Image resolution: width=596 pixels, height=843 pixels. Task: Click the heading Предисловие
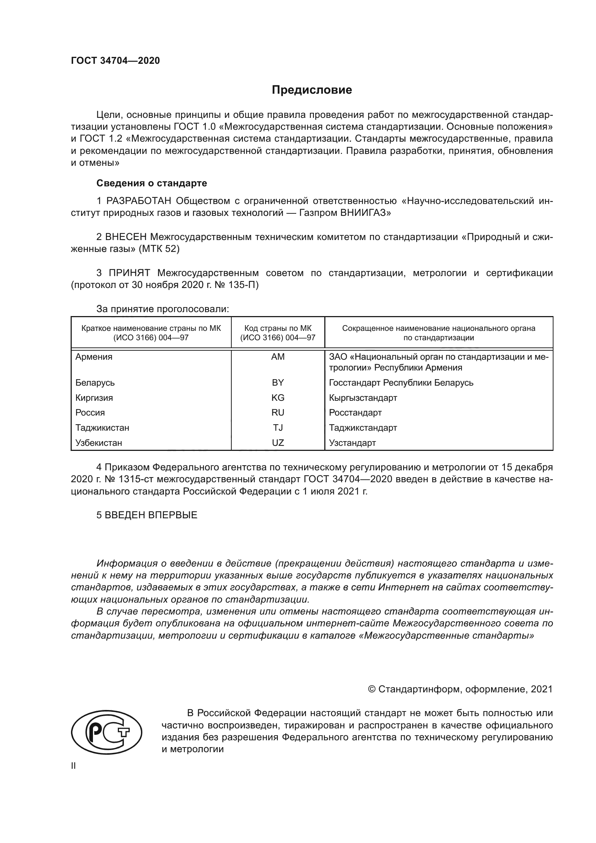312,90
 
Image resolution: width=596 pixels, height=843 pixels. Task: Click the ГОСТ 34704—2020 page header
115,61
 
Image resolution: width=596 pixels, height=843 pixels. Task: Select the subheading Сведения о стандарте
152,183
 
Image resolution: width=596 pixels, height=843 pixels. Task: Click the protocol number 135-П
244,285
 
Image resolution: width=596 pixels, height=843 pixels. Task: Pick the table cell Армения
94,357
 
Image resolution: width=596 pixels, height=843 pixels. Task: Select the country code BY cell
278,383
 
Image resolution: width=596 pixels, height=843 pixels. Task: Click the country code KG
278,398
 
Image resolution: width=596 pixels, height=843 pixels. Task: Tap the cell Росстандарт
355,413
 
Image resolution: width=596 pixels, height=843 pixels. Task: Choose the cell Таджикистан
102,428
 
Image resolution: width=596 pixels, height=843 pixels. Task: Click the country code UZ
278,443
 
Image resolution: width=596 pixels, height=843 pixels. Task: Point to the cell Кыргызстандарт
363,398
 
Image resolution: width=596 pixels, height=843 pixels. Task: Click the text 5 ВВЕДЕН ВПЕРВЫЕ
147,515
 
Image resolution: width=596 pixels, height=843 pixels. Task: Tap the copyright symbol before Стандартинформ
372,689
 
